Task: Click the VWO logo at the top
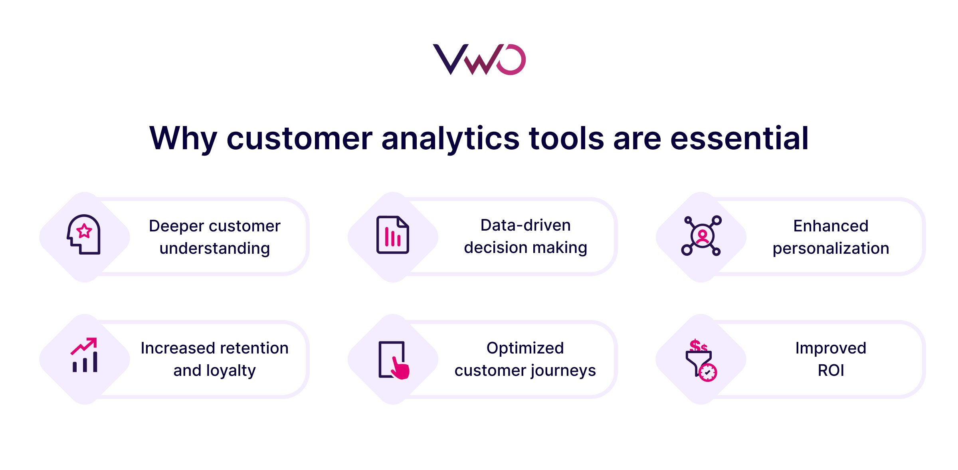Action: coord(479,59)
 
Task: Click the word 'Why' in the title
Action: coord(183,138)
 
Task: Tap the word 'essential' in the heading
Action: coord(739,138)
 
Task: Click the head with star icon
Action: coord(84,235)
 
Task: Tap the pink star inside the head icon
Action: coord(84,231)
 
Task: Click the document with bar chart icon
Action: coord(392,235)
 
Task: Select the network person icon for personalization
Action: coord(701,235)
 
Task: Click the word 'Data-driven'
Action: coord(525,225)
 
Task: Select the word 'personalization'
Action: coord(831,249)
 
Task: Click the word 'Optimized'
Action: coord(525,348)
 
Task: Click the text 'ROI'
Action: coord(831,371)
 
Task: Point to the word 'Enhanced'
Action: coord(831,226)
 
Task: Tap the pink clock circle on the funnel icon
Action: coord(708,373)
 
